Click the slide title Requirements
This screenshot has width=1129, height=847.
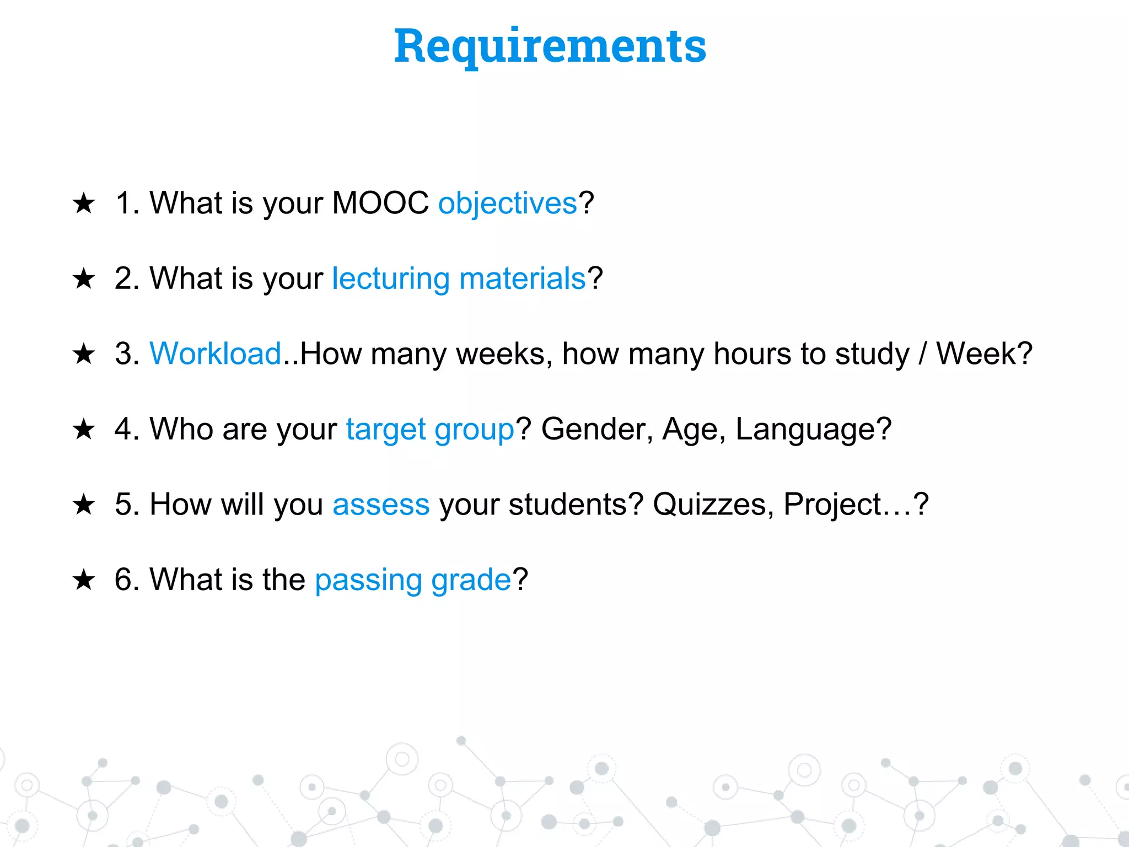click(x=550, y=46)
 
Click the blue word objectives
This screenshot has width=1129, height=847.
click(x=507, y=203)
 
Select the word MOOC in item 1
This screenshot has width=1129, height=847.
click(x=380, y=202)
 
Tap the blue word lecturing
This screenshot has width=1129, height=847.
click(x=391, y=278)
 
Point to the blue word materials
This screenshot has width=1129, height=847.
click(x=522, y=278)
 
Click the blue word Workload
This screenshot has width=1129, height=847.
click(x=216, y=353)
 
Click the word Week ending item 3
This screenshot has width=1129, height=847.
click(x=976, y=353)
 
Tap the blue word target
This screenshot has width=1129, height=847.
click(x=385, y=430)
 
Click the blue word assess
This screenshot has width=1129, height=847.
click(x=381, y=505)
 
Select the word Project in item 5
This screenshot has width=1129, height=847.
click(x=832, y=505)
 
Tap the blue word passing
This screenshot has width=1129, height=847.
click(x=368, y=580)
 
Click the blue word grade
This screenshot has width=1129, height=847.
click(x=471, y=580)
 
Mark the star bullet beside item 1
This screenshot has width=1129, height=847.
click(x=84, y=203)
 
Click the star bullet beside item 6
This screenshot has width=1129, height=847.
click(x=84, y=580)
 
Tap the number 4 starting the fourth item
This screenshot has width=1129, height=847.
click(x=123, y=429)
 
